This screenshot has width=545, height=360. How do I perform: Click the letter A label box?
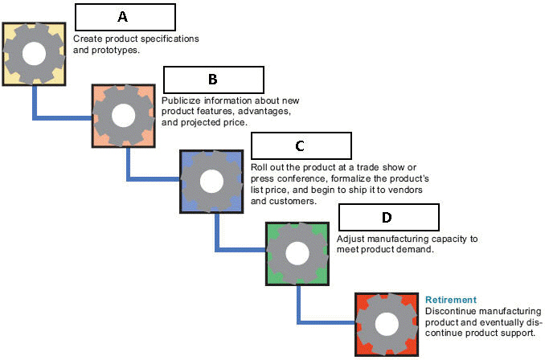(x=125, y=17)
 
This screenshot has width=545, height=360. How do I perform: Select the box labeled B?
(x=213, y=80)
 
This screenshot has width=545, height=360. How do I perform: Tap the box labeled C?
(x=301, y=145)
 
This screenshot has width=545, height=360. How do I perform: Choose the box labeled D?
(x=388, y=217)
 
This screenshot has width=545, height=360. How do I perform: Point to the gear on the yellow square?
(x=34, y=53)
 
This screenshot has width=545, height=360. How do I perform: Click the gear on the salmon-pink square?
(x=123, y=116)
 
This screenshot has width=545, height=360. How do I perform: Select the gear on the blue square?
(x=211, y=181)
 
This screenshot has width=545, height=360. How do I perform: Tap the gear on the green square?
(x=298, y=253)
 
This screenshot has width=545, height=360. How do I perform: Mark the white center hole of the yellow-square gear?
(x=34, y=53)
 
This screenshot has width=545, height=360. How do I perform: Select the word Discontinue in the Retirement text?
(x=450, y=311)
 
